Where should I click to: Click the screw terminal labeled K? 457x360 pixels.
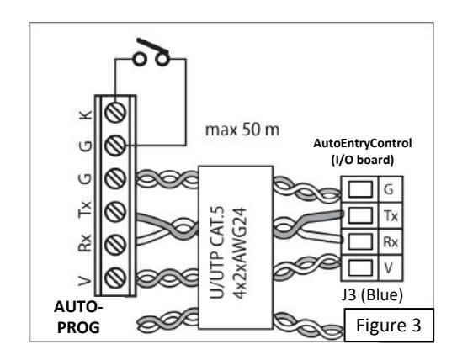click(115, 112)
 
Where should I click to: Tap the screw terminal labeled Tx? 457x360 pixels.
click(115, 211)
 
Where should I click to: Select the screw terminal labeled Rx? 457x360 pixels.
click(115, 245)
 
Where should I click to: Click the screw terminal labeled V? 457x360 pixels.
click(115, 278)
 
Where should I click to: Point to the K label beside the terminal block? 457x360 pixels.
click(86, 114)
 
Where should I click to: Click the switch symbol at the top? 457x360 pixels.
click(151, 53)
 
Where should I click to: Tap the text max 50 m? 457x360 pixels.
click(242, 130)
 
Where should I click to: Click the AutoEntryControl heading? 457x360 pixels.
click(362, 144)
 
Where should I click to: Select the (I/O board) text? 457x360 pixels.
click(362, 160)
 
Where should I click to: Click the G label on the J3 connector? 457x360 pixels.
click(389, 189)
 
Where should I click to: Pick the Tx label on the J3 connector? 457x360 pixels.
click(391, 216)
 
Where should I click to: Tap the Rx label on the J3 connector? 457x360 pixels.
click(391, 241)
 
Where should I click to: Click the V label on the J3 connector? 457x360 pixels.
click(389, 267)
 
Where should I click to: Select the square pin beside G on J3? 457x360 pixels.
click(360, 189)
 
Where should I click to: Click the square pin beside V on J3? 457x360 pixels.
click(360, 267)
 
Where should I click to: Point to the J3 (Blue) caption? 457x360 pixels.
click(372, 294)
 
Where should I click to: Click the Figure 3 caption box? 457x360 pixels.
click(389, 325)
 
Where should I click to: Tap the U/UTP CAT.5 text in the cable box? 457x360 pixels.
click(216, 252)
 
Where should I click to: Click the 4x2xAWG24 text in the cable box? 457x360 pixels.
click(241, 253)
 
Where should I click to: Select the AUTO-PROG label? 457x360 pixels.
click(78, 317)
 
